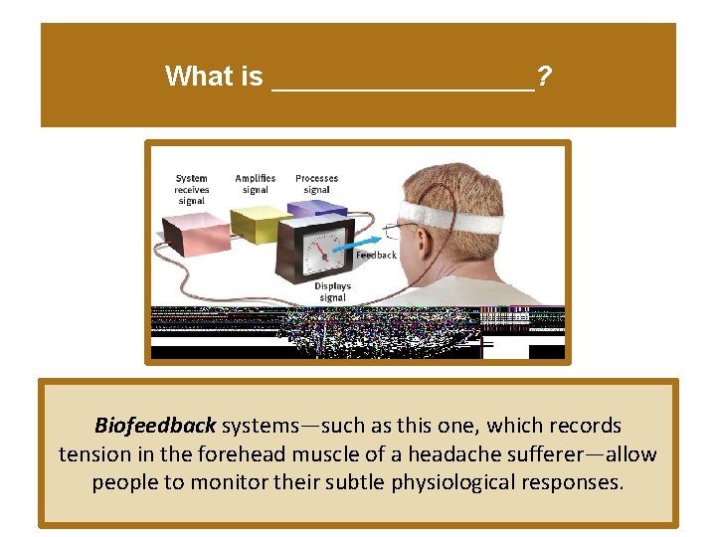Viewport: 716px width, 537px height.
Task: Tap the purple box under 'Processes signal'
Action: click(316, 209)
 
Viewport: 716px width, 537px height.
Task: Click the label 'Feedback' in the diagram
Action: click(377, 256)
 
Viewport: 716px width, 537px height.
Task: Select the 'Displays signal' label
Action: click(332, 291)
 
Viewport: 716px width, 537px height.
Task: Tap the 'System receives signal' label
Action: click(192, 189)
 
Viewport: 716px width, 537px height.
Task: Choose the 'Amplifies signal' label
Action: click(256, 184)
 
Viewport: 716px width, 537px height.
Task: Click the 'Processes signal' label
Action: click(316, 184)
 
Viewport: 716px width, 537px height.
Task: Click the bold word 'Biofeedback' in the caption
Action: click(155, 426)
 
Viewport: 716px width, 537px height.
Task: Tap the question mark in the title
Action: click(544, 76)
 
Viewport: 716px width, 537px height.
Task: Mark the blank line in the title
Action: click(403, 86)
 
